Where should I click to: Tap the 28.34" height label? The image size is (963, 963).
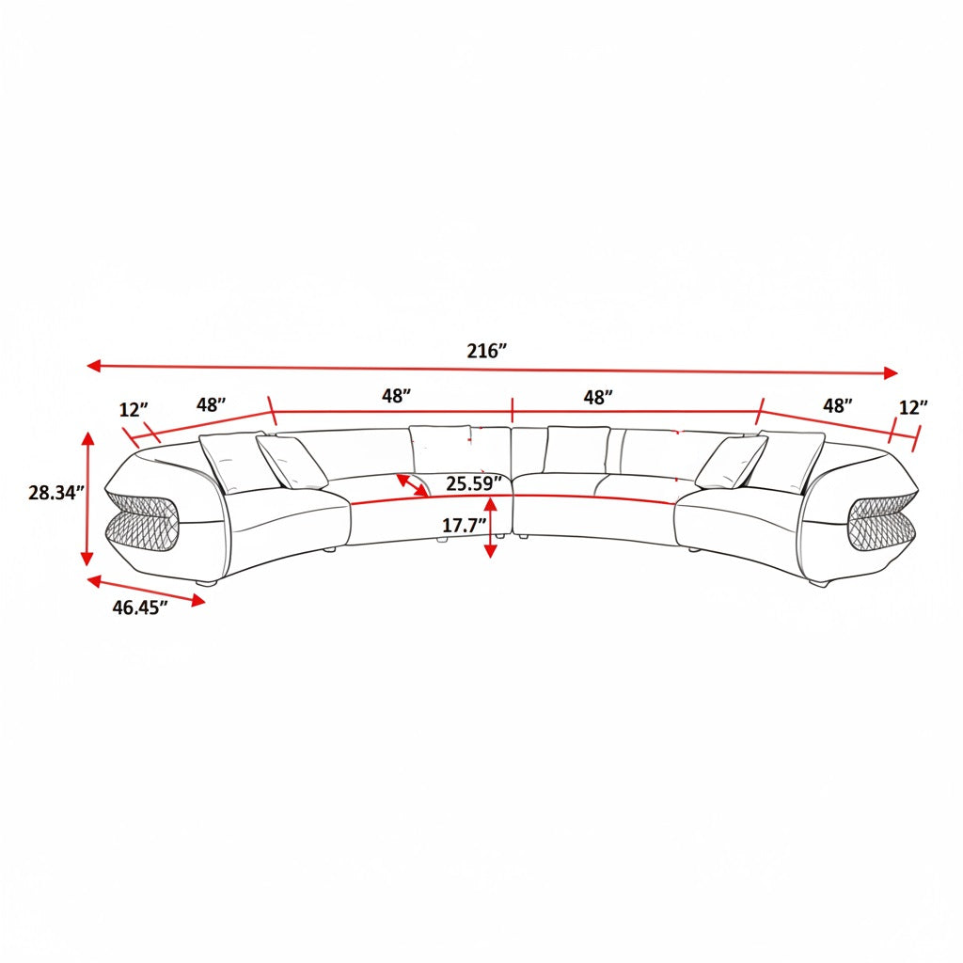55,493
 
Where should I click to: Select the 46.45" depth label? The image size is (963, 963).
139,608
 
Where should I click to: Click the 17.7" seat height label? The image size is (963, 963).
465,525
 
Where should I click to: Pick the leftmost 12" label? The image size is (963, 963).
134,409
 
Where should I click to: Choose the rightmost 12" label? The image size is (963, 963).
913,407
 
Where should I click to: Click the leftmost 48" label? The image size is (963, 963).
212,404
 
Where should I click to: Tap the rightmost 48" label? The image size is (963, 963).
838,406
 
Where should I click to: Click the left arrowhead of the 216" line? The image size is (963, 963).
93,366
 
